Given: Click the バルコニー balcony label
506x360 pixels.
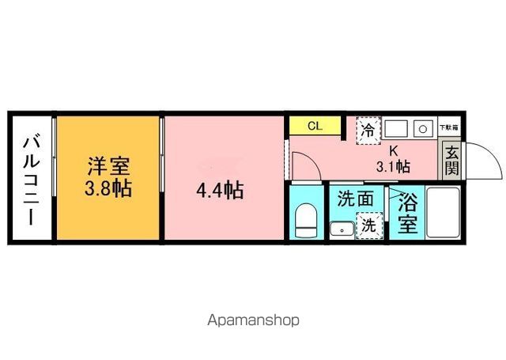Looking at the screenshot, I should pyautogui.click(x=31, y=180).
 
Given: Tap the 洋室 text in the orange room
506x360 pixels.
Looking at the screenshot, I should pyautogui.click(x=108, y=167).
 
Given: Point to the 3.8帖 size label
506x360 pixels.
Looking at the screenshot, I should pyautogui.click(x=108, y=189).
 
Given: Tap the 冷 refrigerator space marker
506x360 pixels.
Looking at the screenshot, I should pyautogui.click(x=368, y=130).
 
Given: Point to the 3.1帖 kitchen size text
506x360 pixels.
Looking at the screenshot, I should pyautogui.click(x=392, y=166).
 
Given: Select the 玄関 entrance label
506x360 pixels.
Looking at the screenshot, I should pyautogui.click(x=451, y=161).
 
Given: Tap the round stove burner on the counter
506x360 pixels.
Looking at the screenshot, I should pyautogui.click(x=424, y=127).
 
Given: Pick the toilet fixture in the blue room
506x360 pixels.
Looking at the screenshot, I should pyautogui.click(x=305, y=218).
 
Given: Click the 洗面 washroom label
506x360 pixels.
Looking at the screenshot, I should pyautogui.click(x=355, y=199).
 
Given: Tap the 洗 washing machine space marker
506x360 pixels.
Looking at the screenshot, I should pyautogui.click(x=369, y=225).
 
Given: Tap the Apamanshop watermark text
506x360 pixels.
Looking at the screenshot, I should pyautogui.click(x=253, y=320).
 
